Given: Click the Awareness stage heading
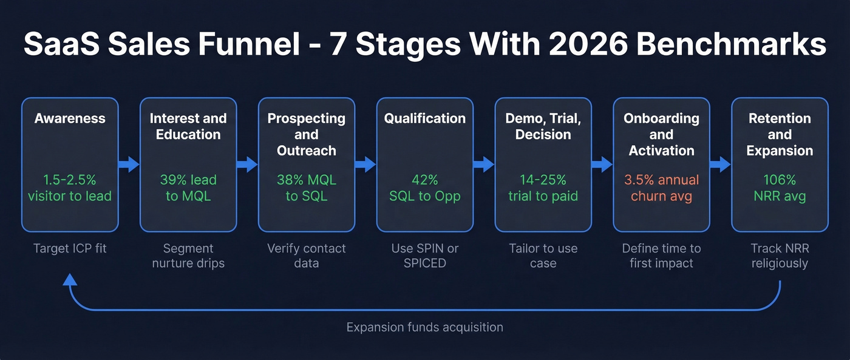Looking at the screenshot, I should click(70, 118).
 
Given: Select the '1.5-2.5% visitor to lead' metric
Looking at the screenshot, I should click(70, 188).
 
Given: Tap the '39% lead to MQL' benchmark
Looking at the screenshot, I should click(188, 188).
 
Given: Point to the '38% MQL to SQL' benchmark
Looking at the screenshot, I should click(307, 188).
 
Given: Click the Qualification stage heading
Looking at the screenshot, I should click(425, 118).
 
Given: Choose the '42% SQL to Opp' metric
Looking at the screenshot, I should click(425, 188).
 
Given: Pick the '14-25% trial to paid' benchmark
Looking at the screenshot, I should click(543, 188).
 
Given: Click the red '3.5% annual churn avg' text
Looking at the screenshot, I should click(661, 188).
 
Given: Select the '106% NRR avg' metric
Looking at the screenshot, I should click(780, 188).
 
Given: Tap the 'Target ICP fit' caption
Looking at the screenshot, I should click(70, 248).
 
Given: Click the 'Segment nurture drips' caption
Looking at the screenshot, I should click(188, 256).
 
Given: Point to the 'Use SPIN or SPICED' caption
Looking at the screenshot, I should click(425, 256).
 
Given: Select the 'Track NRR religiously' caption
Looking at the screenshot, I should click(780, 256).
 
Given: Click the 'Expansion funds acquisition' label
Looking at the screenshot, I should click(425, 327).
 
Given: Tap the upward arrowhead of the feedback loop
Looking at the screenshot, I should click(70, 279).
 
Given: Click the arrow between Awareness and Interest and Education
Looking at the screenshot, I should click(129, 164).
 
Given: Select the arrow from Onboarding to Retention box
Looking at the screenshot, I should click(720, 164).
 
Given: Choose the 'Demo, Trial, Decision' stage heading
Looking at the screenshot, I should click(543, 126).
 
